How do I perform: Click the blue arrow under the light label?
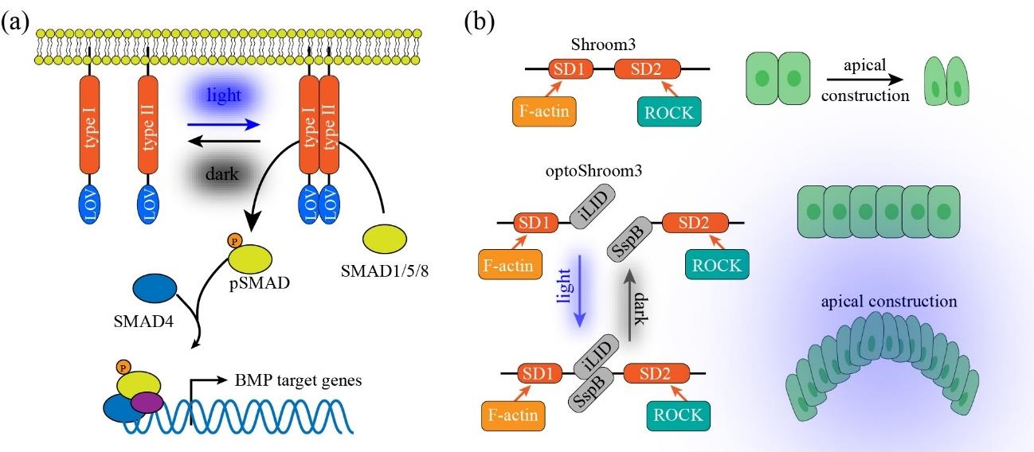click(x=224, y=124)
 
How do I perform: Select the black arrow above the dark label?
click(x=224, y=142)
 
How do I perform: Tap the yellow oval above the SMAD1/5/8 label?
click(x=385, y=237)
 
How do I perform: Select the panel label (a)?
click(x=15, y=21)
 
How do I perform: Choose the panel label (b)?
click(x=480, y=21)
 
